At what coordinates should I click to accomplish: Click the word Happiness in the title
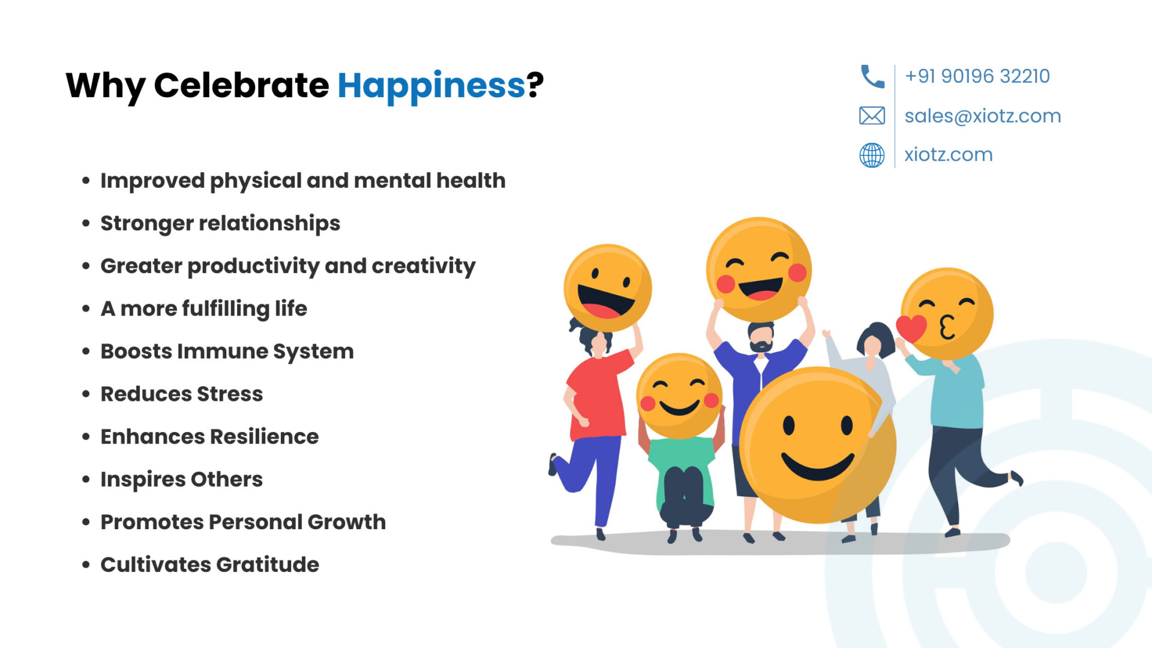[431, 86]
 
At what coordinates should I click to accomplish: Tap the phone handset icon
[872, 77]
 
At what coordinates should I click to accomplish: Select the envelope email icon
[872, 115]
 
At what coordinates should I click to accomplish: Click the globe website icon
[872, 155]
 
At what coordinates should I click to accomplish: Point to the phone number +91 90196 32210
[977, 76]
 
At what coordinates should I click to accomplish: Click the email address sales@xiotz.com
[983, 116]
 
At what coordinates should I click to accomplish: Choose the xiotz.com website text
[949, 154]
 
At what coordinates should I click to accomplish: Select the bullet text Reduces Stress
[182, 394]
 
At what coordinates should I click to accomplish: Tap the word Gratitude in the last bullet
[268, 565]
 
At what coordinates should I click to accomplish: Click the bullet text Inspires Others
[182, 480]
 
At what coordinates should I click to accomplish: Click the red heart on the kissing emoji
[911, 328]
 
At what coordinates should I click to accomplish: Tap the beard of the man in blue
[761, 346]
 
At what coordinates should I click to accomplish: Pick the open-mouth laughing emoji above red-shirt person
[608, 288]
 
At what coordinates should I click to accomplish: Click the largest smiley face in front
[817, 445]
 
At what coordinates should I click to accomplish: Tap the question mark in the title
[535, 85]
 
